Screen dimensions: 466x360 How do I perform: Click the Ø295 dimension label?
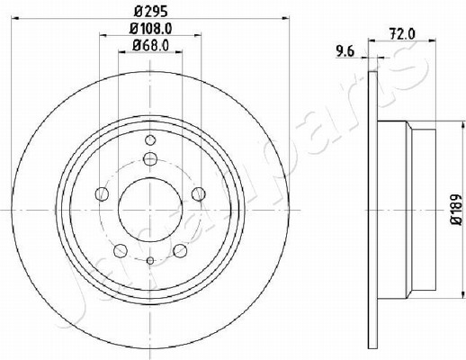(x=150, y=12)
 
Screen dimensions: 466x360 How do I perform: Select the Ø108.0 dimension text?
(x=150, y=29)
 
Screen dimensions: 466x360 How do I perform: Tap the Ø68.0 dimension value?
(x=150, y=46)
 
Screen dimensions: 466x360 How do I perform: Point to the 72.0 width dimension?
(x=402, y=34)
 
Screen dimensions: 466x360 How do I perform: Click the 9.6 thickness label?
(x=345, y=51)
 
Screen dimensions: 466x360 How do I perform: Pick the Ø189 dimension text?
(x=457, y=210)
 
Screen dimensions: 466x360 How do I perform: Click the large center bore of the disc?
(x=150, y=210)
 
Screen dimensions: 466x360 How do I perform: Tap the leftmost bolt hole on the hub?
(x=102, y=194)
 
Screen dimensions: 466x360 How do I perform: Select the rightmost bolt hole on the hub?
(x=199, y=194)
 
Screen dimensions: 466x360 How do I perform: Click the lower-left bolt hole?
(x=121, y=251)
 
